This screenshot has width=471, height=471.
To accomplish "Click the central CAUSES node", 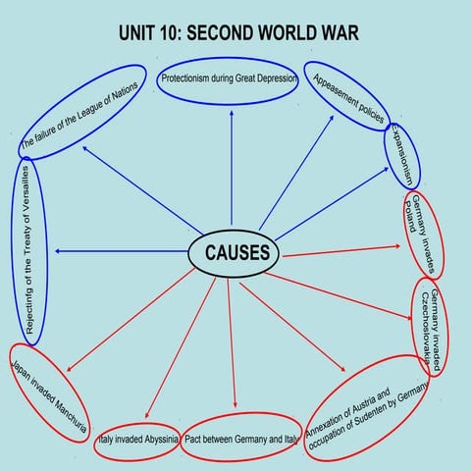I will click(x=235, y=253).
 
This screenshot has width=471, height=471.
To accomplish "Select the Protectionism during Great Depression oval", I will click(x=228, y=78).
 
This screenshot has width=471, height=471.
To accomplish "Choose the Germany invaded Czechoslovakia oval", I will click(x=432, y=329).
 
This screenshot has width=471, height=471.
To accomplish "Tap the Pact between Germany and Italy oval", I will click(x=239, y=439).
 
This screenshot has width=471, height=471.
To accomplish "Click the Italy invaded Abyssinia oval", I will click(x=137, y=441).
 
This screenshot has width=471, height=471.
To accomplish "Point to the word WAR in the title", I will click(x=335, y=34).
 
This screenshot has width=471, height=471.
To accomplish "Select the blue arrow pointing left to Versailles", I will click(x=118, y=252).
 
